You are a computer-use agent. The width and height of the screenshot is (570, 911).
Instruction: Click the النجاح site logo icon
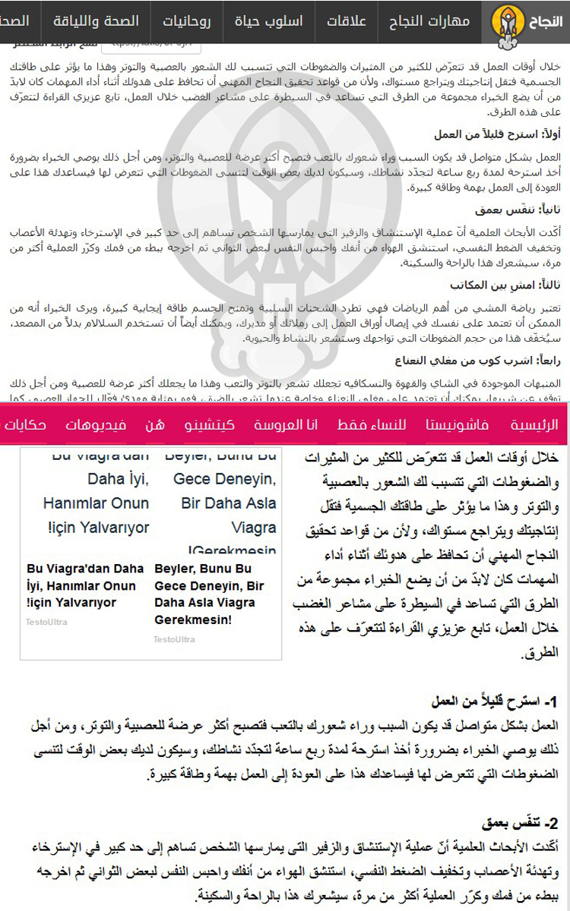(x=505, y=21)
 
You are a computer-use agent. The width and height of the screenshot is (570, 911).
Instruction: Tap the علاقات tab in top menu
(x=347, y=21)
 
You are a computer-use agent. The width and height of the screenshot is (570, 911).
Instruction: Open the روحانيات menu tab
(x=188, y=21)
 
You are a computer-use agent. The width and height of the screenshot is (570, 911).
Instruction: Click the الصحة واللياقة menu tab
(x=106, y=21)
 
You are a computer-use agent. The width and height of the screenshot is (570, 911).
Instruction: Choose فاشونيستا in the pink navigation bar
(x=457, y=424)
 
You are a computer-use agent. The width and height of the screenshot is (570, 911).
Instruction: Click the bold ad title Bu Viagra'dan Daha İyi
(x=85, y=585)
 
